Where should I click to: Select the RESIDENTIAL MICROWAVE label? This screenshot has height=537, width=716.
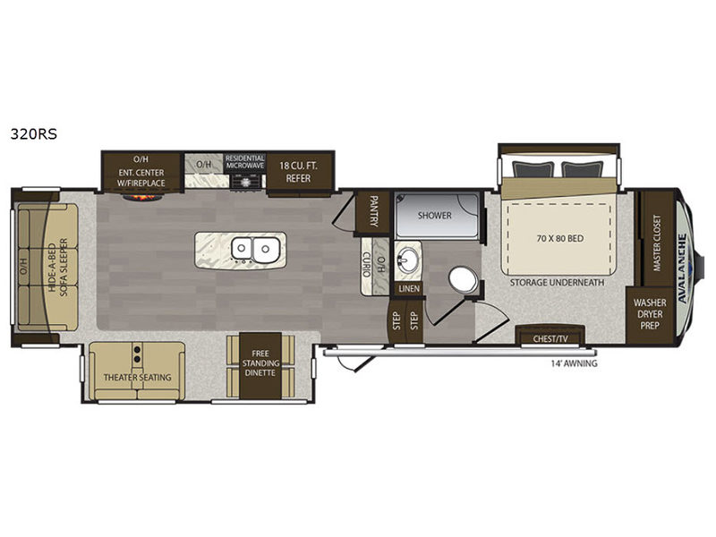(244, 162)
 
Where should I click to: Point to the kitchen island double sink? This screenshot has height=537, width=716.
(253, 247)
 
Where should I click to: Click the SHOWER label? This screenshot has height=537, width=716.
(435, 216)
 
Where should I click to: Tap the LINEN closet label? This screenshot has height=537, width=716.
(407, 290)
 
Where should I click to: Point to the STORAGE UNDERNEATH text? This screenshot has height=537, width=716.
(558, 283)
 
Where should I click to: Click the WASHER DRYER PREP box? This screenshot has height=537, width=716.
(651, 315)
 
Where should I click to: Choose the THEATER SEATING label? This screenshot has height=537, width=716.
(137, 377)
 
